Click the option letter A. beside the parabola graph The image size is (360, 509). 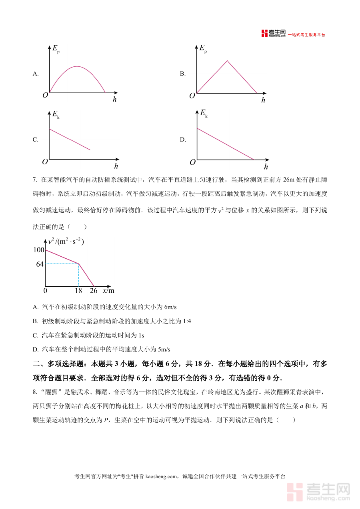(x=36, y=74)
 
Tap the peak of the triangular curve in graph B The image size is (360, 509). (x=227, y=61)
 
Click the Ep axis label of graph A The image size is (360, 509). (x=56, y=49)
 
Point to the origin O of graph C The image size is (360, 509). (x=45, y=162)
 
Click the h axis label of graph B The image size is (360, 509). (x=263, y=100)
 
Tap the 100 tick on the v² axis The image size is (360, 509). (x=38, y=250)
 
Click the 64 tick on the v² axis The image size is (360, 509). (x=40, y=264)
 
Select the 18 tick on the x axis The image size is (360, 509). (x=78, y=291)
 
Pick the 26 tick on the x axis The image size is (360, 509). (x=94, y=291)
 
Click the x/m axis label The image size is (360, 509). (x=108, y=291)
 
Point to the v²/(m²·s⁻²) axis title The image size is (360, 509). (x=66, y=242)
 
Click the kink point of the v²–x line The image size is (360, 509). (x=78, y=263)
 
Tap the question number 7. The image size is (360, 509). (x=35, y=180)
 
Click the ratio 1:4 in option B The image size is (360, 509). (x=185, y=321)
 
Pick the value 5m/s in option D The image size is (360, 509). (x=164, y=349)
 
